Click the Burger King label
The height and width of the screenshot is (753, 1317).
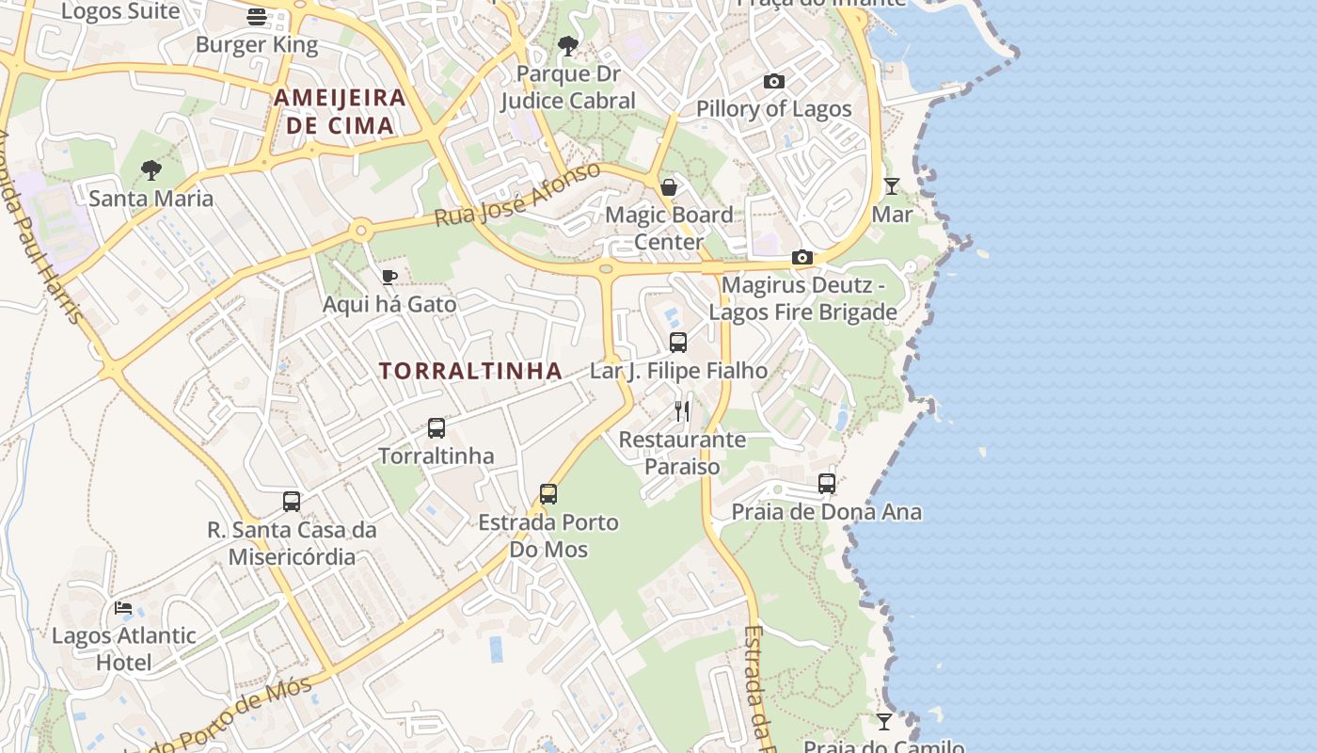pyautogui.click(x=257, y=44)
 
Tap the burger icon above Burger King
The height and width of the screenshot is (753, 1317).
pyautogui.click(x=257, y=16)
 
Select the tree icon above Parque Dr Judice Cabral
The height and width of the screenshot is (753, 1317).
pyautogui.click(x=567, y=45)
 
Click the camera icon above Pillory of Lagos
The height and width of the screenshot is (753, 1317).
pyautogui.click(x=774, y=82)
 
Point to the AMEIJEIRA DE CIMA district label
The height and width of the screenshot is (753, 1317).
pyautogui.click(x=340, y=111)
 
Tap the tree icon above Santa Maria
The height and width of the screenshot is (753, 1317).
pyautogui.click(x=151, y=170)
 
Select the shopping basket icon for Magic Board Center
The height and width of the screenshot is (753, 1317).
pyautogui.click(x=669, y=187)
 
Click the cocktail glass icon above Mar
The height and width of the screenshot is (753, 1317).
pyautogui.click(x=892, y=186)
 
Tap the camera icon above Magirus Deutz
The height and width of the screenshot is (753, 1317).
pyautogui.click(x=802, y=257)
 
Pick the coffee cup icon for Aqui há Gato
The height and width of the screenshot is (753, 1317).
pyautogui.click(x=389, y=277)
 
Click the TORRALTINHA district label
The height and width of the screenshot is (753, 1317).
pyautogui.click(x=470, y=371)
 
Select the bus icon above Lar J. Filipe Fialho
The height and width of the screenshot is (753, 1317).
pyautogui.click(x=678, y=343)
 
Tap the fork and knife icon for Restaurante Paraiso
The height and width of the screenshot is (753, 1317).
pyautogui.click(x=682, y=411)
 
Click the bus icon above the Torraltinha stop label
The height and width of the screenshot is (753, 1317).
pyautogui.click(x=436, y=428)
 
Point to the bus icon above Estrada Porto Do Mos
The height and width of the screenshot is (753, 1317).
pyautogui.click(x=548, y=494)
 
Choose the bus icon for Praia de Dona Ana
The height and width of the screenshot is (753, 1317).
pyautogui.click(x=827, y=484)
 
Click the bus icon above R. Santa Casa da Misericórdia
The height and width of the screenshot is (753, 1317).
pyautogui.click(x=292, y=502)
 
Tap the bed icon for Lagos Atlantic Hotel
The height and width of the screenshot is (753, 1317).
pyautogui.click(x=123, y=608)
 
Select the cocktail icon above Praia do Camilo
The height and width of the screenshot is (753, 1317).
pyautogui.click(x=884, y=722)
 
